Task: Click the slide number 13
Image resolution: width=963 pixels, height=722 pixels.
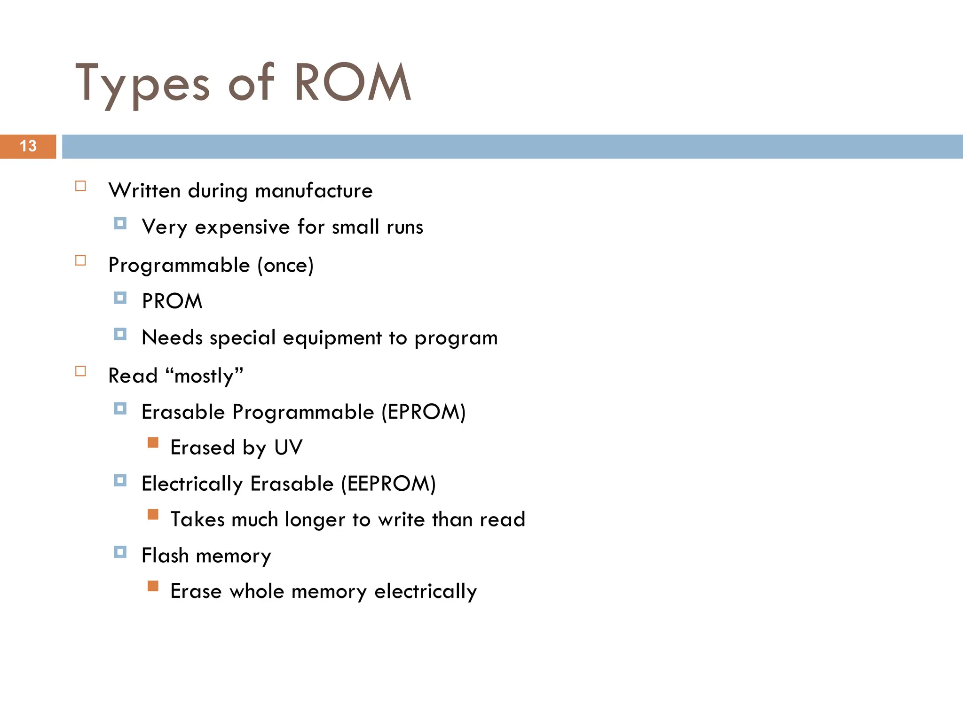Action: [x=28, y=146]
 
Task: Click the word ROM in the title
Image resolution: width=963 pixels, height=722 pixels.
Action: [x=353, y=83]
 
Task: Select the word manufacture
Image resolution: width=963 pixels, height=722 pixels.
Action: [x=314, y=191]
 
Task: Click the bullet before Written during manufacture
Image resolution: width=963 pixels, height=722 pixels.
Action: [x=81, y=186]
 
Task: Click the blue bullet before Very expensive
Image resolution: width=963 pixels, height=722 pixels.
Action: [x=120, y=223]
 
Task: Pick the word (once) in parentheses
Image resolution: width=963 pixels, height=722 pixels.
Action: [x=285, y=266]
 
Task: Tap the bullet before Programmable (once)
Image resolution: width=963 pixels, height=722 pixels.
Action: [x=81, y=260]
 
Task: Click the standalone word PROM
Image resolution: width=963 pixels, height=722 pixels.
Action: [x=172, y=301]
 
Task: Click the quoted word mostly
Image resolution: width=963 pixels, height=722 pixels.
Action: [x=205, y=376]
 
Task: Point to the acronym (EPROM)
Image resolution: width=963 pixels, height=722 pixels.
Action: [x=423, y=412]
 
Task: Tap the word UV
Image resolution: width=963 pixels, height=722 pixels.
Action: [x=288, y=447]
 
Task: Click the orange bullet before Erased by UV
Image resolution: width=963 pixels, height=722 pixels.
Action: [x=153, y=443]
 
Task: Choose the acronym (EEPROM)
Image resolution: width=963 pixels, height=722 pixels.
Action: [x=388, y=484]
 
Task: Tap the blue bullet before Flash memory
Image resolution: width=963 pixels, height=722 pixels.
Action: [x=120, y=552]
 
